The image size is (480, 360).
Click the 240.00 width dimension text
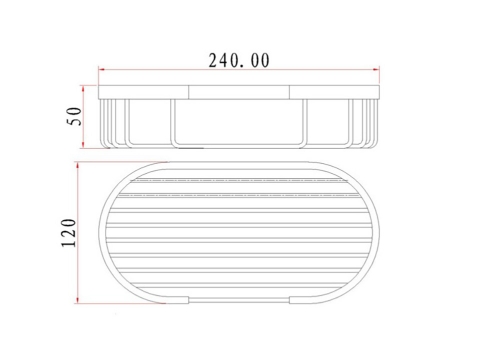point(239,61)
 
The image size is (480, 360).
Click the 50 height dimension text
point(74,116)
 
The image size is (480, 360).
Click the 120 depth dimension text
point(69,233)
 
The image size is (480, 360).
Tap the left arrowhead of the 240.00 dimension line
point(101,70)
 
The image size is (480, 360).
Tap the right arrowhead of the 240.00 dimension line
point(376,69)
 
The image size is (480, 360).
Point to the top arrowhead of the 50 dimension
point(83,89)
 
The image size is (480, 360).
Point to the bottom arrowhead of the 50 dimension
point(83,145)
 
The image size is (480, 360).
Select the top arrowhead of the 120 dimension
point(78,166)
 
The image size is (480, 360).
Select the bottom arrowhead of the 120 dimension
point(78,300)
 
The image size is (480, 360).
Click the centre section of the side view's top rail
point(239,92)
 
